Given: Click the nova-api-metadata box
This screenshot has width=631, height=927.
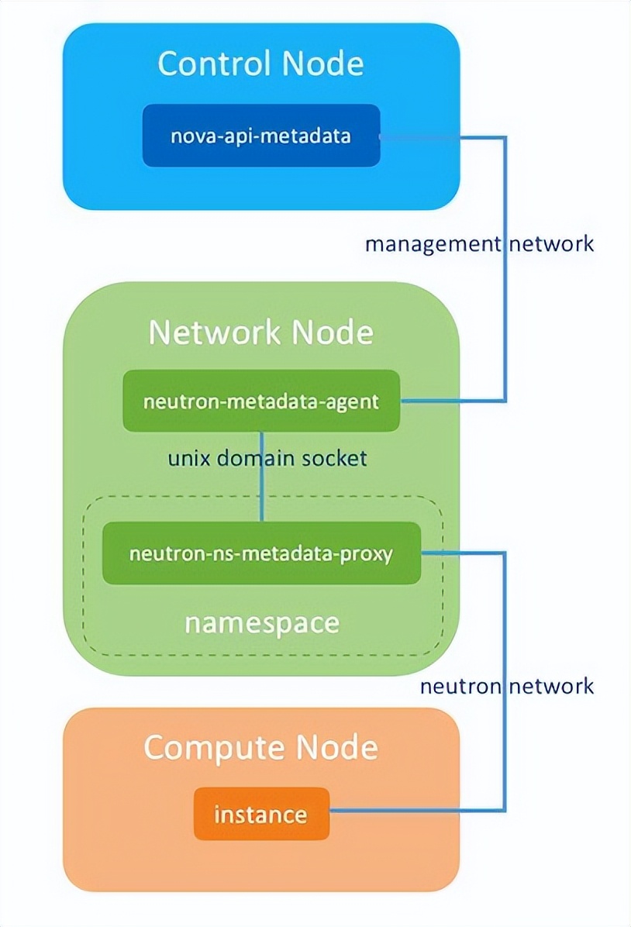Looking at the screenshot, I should pyautogui.click(x=261, y=136).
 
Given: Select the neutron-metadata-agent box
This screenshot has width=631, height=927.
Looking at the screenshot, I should pyautogui.click(x=261, y=401).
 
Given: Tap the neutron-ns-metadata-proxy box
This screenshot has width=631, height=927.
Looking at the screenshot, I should pyautogui.click(x=261, y=553).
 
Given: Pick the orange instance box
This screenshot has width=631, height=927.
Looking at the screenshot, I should pyautogui.click(x=261, y=815).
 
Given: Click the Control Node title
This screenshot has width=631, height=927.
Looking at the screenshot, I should pyautogui.click(x=260, y=64).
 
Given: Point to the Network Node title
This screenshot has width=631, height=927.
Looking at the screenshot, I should pyautogui.click(x=260, y=333).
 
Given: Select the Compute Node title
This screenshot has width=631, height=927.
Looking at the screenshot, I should pyautogui.click(x=260, y=748).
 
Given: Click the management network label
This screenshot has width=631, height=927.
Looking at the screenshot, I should pyautogui.click(x=479, y=243).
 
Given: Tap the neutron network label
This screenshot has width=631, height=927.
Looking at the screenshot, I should pyautogui.click(x=507, y=686).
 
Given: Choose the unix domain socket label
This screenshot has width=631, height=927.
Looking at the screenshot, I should pyautogui.click(x=267, y=458).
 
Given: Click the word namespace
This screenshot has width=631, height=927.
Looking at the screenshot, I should pyautogui.click(x=261, y=622).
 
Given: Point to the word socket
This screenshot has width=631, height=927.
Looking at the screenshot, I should pyautogui.click(x=335, y=458).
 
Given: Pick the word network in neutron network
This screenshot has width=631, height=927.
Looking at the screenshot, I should pyautogui.click(x=551, y=686).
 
